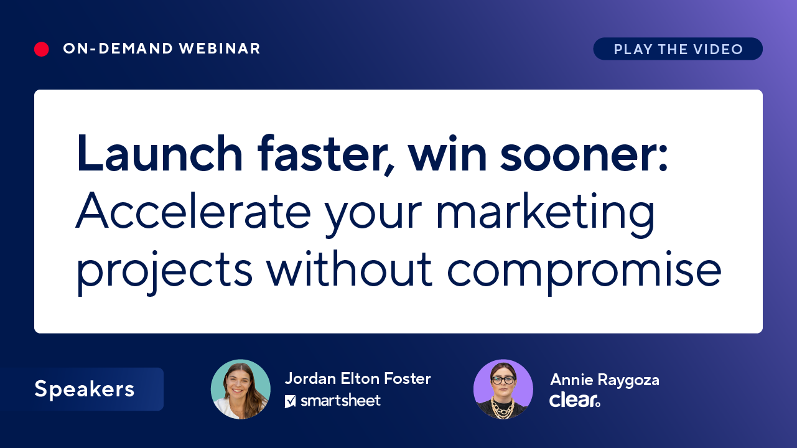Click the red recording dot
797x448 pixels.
(41, 49)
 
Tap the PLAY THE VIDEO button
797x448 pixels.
(678, 49)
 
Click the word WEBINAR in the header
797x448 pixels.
(220, 49)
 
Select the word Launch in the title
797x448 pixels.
(159, 153)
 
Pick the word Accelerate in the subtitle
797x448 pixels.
(193, 211)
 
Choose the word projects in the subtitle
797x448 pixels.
(164, 272)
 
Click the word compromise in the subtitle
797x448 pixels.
(584, 272)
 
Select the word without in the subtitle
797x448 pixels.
(350, 269)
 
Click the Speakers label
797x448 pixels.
(85, 389)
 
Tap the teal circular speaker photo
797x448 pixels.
(241, 389)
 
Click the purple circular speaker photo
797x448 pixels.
(503, 389)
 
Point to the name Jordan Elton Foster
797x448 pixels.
(358, 378)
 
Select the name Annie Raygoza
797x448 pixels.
(605, 380)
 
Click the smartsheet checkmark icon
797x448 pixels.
(291, 401)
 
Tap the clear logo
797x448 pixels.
(575, 400)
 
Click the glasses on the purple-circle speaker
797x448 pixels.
(503, 380)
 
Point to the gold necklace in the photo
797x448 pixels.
(502, 408)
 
